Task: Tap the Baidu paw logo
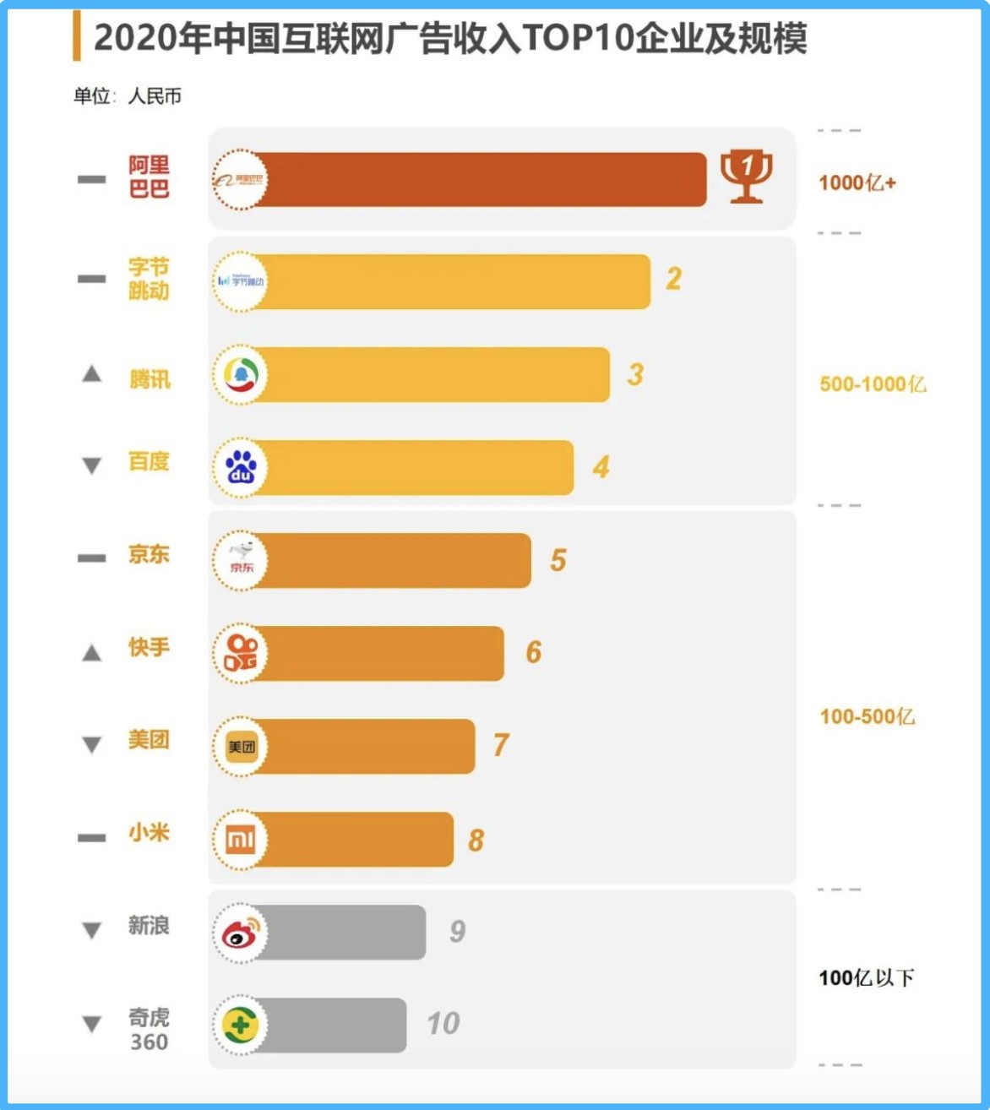tap(241, 467)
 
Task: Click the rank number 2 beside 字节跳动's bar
tap(673, 279)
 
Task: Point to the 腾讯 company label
tap(150, 379)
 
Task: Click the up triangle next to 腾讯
tap(91, 374)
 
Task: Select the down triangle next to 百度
tap(91, 465)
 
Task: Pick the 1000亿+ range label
tap(857, 182)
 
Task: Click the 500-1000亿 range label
tap(873, 384)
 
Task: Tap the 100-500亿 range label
tap(867, 716)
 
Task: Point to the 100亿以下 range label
tap(866, 977)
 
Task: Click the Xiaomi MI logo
tap(241, 840)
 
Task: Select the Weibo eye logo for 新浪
tap(241, 933)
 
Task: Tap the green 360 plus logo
tap(241, 1026)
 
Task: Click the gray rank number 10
tap(443, 1024)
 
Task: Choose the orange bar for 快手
tap(380, 653)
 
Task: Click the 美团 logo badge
tap(241, 747)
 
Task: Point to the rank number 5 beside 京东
tap(558, 560)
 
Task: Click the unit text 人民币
tap(155, 96)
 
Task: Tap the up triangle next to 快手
tap(91, 652)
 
